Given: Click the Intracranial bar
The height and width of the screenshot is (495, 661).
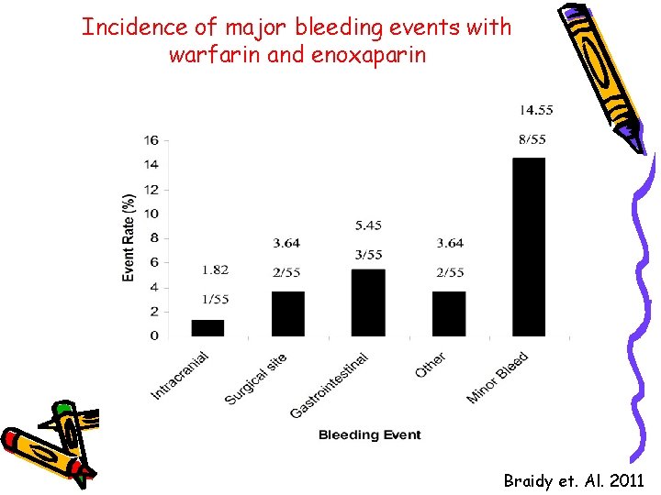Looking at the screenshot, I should coord(207,328).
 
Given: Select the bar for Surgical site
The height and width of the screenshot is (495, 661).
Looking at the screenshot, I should coord(287,313).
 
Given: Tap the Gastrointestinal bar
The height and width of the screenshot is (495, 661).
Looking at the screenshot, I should coord(368,302).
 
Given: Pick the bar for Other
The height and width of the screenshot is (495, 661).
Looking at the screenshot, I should coord(449,313).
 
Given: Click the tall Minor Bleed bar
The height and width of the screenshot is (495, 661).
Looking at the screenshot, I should coord(529,247).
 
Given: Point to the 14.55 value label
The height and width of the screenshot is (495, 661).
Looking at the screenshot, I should coord(536,111).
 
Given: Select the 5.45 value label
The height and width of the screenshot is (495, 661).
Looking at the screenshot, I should coord(367,225).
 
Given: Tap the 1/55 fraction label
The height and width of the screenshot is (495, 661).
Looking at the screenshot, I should coord(217,299).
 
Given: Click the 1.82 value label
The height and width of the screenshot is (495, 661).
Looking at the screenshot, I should coord(216,270).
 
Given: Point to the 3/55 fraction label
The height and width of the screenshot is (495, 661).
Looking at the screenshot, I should coord(367,255).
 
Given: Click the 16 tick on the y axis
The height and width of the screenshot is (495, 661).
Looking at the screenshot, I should coord(151,140).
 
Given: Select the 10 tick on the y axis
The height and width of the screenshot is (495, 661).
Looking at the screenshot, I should coord(151,214).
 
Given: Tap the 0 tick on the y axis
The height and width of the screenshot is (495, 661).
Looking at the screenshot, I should coord(154,336).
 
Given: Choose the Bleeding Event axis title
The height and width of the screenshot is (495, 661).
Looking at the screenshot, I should coord(370,435).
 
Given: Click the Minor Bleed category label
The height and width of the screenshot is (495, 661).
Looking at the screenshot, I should coord(499,378).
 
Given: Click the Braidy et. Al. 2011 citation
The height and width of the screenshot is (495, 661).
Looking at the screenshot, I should coord(573,480).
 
